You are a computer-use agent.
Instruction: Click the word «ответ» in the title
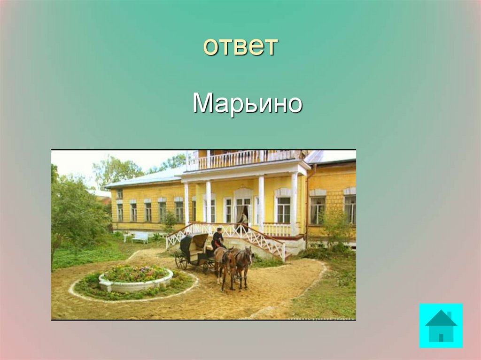(241, 46)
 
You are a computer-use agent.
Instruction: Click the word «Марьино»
(247, 104)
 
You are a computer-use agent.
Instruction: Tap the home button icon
(441, 325)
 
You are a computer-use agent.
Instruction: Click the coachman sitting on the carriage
(217, 239)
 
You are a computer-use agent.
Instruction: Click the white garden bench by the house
(140, 238)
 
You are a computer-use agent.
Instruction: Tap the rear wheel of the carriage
(181, 261)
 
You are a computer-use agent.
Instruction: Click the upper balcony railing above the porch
(244, 160)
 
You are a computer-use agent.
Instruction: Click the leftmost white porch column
(186, 205)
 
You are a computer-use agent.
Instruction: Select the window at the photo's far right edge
(350, 209)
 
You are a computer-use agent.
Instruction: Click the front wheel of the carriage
(207, 266)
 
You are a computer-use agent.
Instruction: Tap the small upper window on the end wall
(119, 194)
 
